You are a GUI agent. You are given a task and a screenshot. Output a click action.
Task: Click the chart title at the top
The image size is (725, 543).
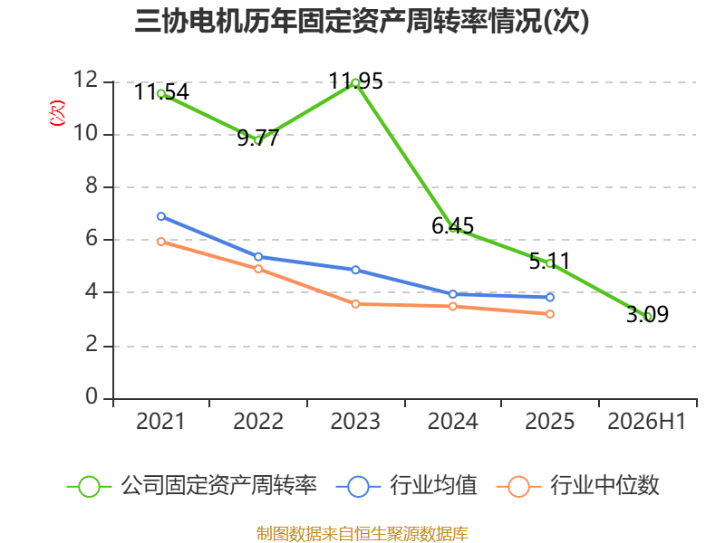tap(362, 21)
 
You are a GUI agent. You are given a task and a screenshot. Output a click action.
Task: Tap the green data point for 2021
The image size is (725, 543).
tap(161, 94)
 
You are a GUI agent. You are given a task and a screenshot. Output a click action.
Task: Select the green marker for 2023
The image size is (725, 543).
tap(355, 83)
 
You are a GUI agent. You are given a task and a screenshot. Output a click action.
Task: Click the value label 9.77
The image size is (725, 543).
tap(258, 138)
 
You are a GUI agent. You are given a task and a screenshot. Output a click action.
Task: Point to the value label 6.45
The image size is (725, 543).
tap(452, 225)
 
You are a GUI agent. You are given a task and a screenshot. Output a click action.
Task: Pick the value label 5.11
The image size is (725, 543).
tap(550, 262)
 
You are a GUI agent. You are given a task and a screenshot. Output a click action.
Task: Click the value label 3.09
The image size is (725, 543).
tap(647, 314)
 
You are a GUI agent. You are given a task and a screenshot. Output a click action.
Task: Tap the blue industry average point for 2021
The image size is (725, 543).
tap(161, 216)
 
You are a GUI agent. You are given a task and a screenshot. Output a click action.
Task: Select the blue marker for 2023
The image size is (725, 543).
tap(355, 270)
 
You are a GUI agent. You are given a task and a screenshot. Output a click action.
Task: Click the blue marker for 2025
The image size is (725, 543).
tap(550, 298)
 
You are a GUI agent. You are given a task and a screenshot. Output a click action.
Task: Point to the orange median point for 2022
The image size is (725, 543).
tap(258, 269)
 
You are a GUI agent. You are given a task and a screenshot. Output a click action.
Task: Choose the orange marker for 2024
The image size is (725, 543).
tap(452, 306)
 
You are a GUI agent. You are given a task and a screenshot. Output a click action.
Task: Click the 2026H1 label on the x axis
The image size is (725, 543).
tap(646, 421)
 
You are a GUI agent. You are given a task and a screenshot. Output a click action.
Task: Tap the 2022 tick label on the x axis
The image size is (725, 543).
tap(258, 421)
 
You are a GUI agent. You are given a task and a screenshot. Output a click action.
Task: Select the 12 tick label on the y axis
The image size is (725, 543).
tap(85, 80)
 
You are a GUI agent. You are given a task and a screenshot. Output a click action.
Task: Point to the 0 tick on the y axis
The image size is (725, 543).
tap(92, 396)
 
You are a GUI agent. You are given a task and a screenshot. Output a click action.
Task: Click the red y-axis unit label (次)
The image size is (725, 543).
tap(57, 113)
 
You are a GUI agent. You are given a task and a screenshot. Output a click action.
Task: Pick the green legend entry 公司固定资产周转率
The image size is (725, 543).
tap(192, 486)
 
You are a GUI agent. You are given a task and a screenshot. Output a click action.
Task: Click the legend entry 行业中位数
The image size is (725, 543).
tap(578, 486)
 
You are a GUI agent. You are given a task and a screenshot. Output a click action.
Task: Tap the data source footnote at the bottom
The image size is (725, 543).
tap(362, 534)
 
